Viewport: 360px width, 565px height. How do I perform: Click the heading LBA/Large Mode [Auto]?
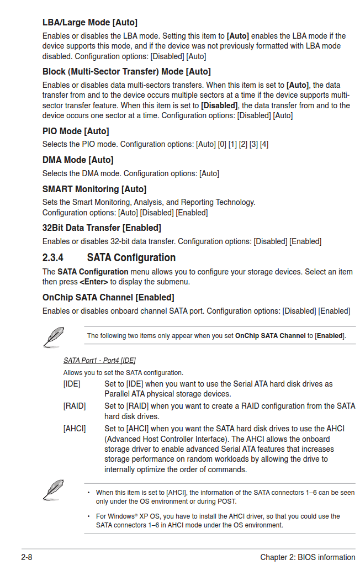89,23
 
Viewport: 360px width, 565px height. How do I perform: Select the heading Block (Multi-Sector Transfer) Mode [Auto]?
126,72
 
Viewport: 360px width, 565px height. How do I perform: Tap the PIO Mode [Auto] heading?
76,131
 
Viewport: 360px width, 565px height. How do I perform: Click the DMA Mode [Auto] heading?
78,160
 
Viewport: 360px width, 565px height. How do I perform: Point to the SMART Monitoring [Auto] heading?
94,189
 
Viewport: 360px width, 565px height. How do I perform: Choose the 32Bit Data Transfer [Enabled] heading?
102,228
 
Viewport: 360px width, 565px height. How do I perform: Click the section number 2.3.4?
53,258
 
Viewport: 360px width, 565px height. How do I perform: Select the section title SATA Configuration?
131,258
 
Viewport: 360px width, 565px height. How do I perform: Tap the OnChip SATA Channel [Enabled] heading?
108,298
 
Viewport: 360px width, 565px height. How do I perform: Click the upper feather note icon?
54,336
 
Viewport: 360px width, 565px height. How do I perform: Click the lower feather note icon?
54,489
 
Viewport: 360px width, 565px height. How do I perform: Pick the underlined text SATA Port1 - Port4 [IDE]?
99,361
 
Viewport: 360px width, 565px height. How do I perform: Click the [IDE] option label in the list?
72,384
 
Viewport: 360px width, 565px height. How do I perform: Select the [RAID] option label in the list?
75,406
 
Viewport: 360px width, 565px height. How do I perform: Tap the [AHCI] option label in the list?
75,429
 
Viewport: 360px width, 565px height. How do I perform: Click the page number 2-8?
27,557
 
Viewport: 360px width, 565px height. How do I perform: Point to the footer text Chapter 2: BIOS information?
308,557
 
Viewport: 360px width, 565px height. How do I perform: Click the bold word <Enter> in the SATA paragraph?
94,282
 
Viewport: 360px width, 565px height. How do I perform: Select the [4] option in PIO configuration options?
264,145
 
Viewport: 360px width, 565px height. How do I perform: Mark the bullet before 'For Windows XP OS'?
88,517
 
